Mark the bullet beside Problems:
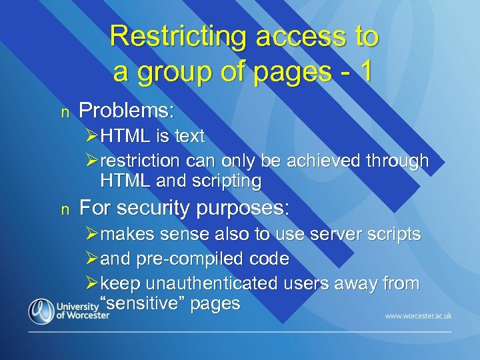(x=64, y=111)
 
